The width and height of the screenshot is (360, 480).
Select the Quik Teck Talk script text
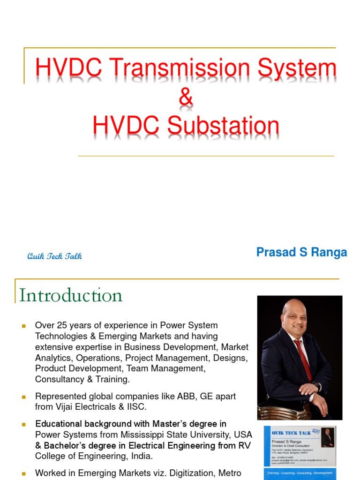tap(54, 256)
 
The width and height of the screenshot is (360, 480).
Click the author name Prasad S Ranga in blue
tap(301, 253)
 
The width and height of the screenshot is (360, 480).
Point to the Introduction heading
tap(71, 295)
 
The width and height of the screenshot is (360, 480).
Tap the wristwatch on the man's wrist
tap(319, 387)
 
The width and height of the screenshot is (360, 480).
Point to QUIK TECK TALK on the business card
tap(288, 433)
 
